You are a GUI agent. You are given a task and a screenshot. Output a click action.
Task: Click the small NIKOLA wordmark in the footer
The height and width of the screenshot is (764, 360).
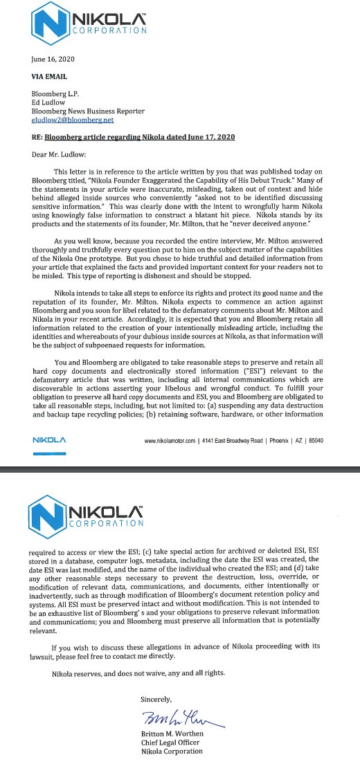pyautogui.click(x=49, y=440)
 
